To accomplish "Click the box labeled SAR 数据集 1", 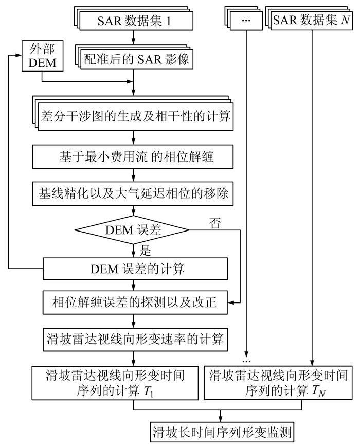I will [x=135, y=21].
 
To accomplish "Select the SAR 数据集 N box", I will [x=312, y=21].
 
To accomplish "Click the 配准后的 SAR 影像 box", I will [x=137, y=60].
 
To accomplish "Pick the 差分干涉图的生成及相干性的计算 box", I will [x=135, y=116].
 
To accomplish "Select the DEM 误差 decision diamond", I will [x=133, y=230].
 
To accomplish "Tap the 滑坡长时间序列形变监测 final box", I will [x=222, y=430].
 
